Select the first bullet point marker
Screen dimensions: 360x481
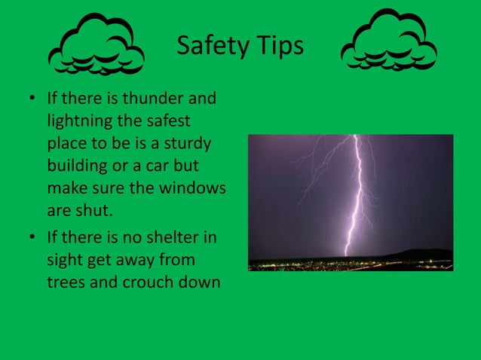pyautogui.click(x=32, y=99)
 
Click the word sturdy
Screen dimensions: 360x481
pyautogui.click(x=186, y=143)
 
